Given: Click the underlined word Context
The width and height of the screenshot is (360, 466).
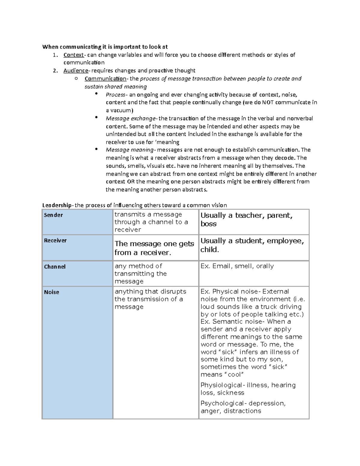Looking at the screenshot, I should [73, 55].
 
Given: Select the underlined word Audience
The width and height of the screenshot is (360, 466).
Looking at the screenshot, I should [76, 71].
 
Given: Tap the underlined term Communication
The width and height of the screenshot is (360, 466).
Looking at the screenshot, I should [105, 79].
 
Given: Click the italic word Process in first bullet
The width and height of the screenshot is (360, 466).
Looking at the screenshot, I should [115, 95].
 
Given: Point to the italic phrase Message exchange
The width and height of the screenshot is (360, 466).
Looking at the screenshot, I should [130, 119].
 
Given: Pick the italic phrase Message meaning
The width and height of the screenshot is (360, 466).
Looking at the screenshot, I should [130, 150].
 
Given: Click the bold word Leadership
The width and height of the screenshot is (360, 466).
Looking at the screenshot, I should [57, 205].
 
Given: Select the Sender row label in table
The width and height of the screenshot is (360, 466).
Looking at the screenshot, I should [53, 215].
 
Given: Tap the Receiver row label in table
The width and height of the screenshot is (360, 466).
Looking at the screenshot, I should [55, 240].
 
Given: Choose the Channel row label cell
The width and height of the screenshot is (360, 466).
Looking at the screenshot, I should [55, 267].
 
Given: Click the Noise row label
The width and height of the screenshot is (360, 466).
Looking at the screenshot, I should [52, 292].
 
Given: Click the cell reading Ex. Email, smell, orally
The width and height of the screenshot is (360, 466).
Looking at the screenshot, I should [237, 266].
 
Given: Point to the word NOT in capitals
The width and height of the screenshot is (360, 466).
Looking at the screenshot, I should [268, 102].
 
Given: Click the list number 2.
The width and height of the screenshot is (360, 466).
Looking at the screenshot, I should [55, 71].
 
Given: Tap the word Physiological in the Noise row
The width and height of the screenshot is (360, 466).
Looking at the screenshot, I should [221, 385].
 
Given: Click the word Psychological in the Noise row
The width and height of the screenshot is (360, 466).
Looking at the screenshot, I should [222, 403].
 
